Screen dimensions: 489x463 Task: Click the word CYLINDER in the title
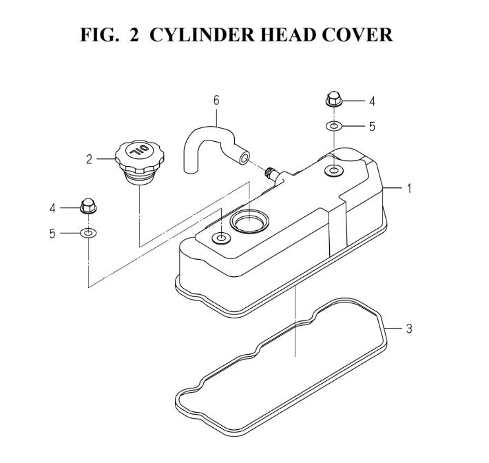point(202,34)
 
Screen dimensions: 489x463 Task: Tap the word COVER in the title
point(357,34)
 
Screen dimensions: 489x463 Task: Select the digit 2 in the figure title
point(134,34)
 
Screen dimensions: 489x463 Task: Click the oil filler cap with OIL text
point(139,162)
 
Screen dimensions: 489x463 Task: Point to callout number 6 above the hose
point(216,101)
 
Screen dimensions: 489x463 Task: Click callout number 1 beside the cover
point(409,188)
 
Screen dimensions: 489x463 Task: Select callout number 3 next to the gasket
point(409,329)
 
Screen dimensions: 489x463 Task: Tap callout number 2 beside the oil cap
point(90,159)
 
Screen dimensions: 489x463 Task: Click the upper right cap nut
point(334,99)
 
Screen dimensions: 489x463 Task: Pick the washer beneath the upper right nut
point(334,126)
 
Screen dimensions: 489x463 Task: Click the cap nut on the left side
point(88,205)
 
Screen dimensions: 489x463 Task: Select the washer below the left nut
point(88,233)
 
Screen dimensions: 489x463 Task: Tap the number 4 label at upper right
point(372,101)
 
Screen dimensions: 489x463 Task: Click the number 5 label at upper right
point(372,127)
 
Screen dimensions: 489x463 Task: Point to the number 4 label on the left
point(52,208)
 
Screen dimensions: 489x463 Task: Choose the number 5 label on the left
point(52,234)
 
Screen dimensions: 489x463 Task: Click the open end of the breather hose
point(244,158)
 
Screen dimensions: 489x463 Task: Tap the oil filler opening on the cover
point(249,221)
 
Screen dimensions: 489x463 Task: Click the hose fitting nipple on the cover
point(269,172)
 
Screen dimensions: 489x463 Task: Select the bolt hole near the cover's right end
point(334,170)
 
